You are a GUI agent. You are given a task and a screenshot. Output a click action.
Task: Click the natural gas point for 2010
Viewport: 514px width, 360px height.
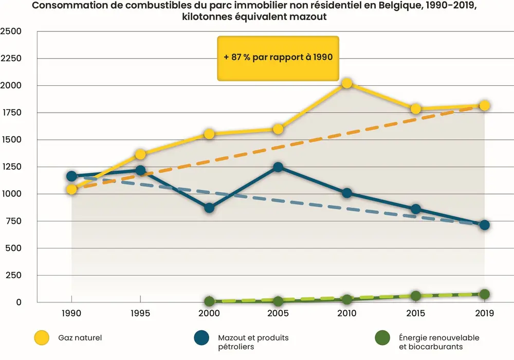[346, 83]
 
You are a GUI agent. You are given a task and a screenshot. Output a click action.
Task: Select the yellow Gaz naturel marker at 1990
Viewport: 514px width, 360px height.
[71, 189]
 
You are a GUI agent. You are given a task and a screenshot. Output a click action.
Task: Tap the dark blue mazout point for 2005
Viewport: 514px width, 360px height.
[278, 167]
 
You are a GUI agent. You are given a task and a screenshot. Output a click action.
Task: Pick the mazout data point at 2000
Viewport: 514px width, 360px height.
[209, 208]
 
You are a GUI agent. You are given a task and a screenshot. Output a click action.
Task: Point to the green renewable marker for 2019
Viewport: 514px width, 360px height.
[484, 294]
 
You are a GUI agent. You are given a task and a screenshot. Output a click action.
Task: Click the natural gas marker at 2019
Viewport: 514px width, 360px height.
[484, 105]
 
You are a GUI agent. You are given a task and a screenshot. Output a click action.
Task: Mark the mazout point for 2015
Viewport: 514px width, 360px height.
[415, 209]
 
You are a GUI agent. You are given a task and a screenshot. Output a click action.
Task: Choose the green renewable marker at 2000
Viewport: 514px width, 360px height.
[209, 301]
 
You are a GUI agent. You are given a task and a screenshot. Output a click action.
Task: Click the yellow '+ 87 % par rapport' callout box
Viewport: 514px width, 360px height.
[278, 58]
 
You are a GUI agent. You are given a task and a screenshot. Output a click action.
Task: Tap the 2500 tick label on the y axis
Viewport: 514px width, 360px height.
[11, 31]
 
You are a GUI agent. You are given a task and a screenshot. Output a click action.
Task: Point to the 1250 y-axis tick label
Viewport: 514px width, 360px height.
[11, 167]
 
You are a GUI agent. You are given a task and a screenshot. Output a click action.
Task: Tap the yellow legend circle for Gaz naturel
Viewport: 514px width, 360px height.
[42, 338]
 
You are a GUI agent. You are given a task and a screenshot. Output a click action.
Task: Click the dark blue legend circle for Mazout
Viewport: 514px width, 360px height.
[201, 338]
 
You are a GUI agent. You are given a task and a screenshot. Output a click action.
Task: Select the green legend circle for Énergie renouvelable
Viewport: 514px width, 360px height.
[383, 338]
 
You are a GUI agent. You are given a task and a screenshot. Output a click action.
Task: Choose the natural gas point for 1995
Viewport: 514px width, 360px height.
[140, 154]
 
